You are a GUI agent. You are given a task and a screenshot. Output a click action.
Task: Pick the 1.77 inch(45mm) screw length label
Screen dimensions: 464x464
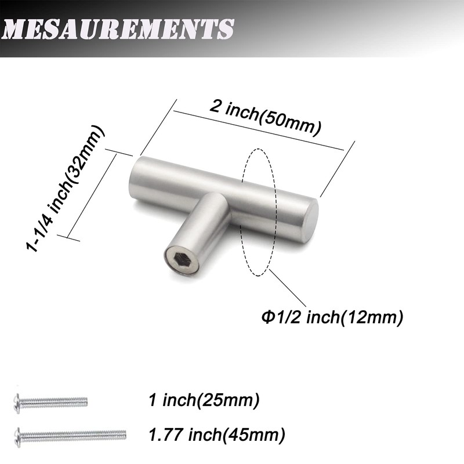point(216,433)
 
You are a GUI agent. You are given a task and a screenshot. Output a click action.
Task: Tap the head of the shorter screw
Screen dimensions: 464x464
point(17,401)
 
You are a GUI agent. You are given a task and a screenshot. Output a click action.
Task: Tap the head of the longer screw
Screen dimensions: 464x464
point(17,434)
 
